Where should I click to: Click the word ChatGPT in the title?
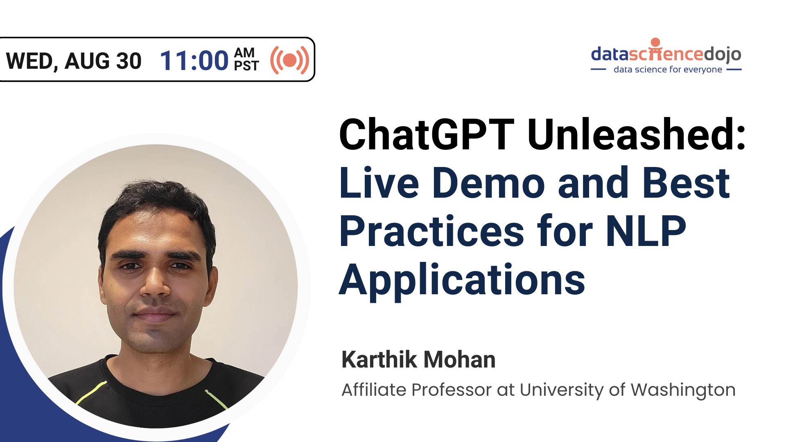426,135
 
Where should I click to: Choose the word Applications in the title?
462,280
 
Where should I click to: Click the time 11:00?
194,61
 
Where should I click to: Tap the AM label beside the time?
244,53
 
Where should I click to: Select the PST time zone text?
246,66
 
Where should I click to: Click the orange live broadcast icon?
289,60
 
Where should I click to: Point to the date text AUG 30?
103,61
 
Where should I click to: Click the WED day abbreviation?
29,61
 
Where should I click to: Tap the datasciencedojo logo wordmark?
666,54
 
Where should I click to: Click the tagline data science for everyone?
668,70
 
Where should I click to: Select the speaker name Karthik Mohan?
418,360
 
